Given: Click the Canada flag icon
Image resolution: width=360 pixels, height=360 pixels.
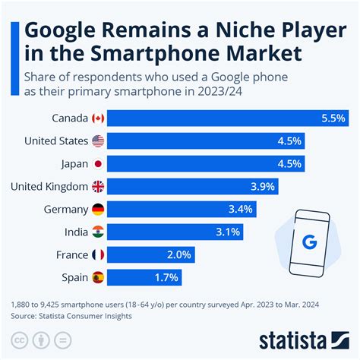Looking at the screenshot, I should click(x=97, y=118).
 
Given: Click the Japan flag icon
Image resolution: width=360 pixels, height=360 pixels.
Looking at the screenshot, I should click(x=97, y=163).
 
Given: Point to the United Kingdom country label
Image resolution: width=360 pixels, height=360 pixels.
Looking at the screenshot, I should click(x=49, y=186).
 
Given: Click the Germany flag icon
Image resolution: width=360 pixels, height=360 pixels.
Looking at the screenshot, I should click(x=97, y=209).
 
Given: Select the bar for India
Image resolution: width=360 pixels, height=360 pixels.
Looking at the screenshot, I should click(x=166, y=232).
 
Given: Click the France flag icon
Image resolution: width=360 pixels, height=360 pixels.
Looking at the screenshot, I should click(x=97, y=254).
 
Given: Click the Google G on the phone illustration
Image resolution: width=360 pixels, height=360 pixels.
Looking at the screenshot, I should click(x=308, y=242).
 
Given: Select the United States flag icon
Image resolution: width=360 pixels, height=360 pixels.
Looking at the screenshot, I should click(x=97, y=141).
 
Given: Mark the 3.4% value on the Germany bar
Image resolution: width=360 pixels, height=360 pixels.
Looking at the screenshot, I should click(x=238, y=209).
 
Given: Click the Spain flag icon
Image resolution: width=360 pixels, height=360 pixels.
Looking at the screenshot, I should click(x=97, y=277).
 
